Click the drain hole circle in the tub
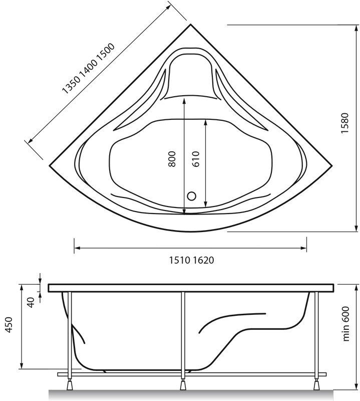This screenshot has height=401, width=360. pos(192,196)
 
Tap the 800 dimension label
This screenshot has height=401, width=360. pos(172,159)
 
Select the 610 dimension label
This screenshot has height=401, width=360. pos(195,159)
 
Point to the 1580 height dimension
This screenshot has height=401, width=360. pos(344,123)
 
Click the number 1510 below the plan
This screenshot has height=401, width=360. pos(180,260)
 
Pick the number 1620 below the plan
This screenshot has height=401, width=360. pos(203,260)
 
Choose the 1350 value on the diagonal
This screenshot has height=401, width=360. pos(72,85)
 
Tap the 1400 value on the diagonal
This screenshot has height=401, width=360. pos(89,68)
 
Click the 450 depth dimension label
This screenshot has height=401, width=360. pos(9,325)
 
